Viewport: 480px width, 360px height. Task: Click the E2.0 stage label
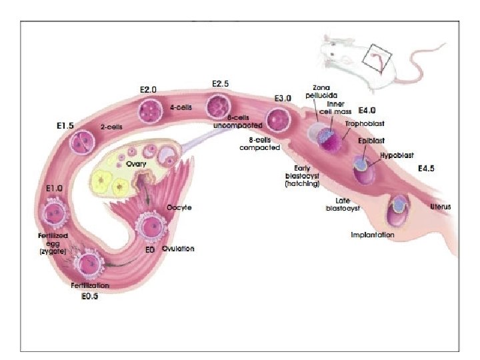pyautogui.click(x=147, y=90)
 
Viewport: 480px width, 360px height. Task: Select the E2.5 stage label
pyautogui.click(x=220, y=84)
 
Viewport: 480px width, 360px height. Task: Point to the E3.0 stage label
pyautogui.click(x=283, y=99)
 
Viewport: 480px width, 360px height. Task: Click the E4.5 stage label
pyautogui.click(x=426, y=169)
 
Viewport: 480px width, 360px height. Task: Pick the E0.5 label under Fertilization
pyautogui.click(x=85, y=296)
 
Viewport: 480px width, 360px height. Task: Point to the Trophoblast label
pyautogui.click(x=365, y=124)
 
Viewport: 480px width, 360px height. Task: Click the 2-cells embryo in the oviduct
pyautogui.click(x=83, y=141)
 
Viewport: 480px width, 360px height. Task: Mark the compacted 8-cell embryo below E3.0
pyautogui.click(x=277, y=120)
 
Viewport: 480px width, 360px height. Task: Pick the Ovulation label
pyautogui.click(x=178, y=249)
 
